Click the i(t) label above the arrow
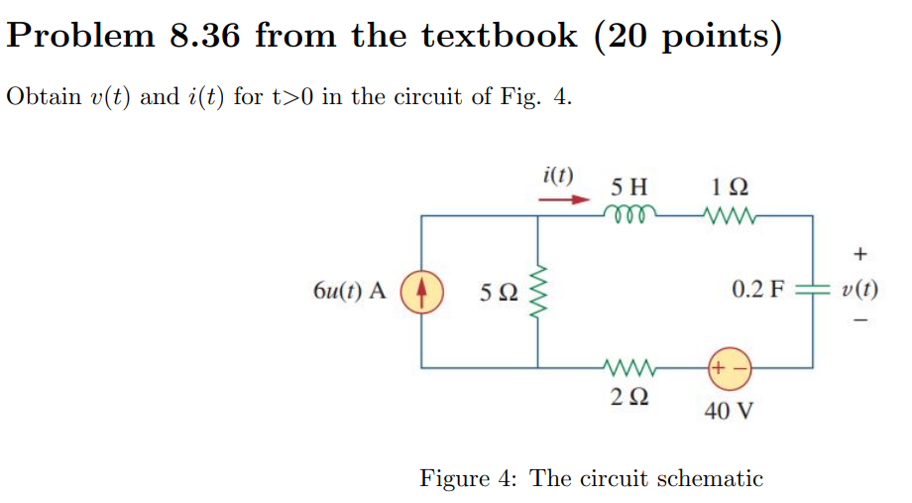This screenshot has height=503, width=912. point(558,176)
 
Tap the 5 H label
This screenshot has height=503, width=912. point(628,186)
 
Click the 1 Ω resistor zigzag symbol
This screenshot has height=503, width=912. point(729,214)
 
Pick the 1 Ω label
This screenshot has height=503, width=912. point(730,186)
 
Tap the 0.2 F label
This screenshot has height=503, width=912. point(758,291)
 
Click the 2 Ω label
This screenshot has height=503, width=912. point(629,397)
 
